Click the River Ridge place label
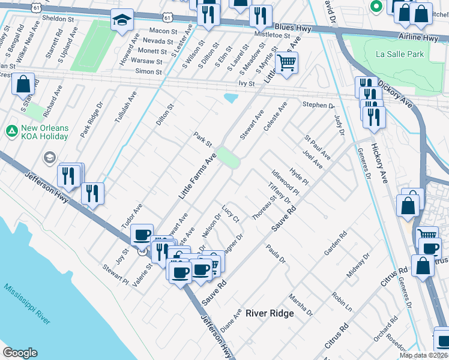click(x=270, y=313)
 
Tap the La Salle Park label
click(x=399, y=54)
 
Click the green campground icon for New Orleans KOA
click(x=11, y=130)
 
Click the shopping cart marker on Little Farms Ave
click(x=287, y=62)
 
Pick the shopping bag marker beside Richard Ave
click(x=23, y=86)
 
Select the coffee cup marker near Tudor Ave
click(x=142, y=235)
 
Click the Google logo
click(x=20, y=353)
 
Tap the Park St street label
click(x=202, y=139)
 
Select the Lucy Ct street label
click(x=231, y=213)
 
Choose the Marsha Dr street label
click(x=301, y=304)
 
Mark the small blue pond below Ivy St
click(x=231, y=98)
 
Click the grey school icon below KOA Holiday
click(x=50, y=158)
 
